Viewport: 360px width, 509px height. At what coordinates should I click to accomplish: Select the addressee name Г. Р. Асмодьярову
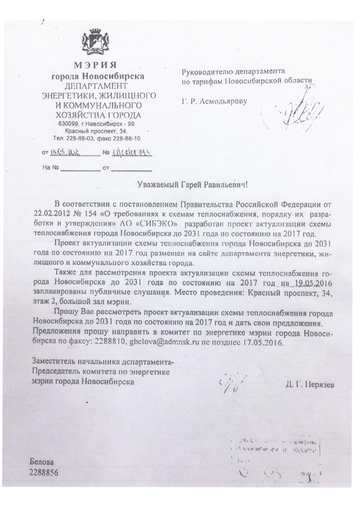click(x=214, y=102)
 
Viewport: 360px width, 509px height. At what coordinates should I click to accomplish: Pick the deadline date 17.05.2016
click(x=260, y=342)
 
